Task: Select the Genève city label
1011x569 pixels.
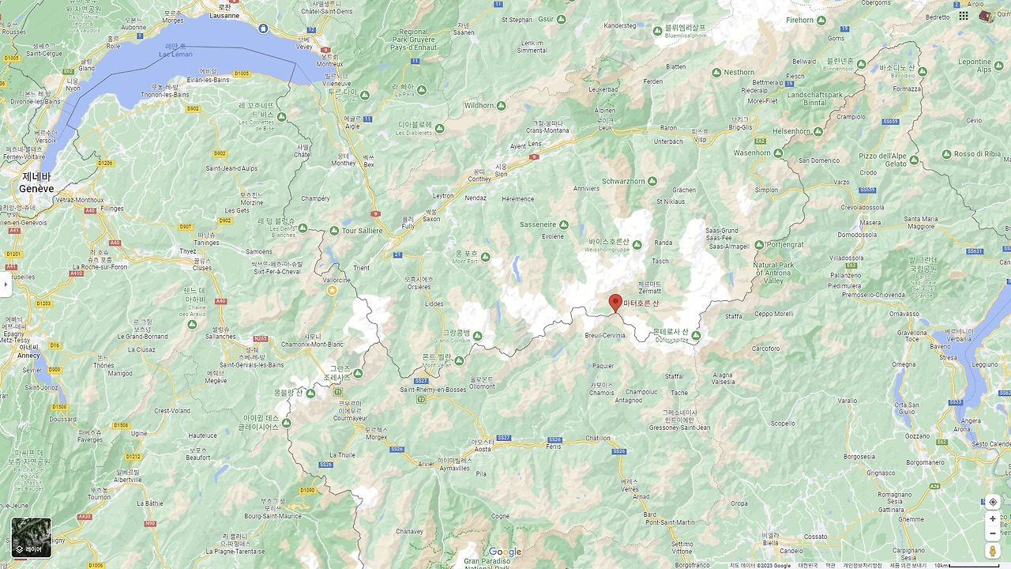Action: click(x=36, y=189)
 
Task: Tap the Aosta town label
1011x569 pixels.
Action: click(x=482, y=449)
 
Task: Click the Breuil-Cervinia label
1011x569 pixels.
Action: click(x=605, y=335)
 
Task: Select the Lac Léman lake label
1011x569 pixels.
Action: click(x=175, y=54)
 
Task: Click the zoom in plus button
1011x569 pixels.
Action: click(x=993, y=518)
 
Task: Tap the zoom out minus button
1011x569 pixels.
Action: click(x=993, y=533)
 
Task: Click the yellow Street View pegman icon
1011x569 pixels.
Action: click(x=993, y=551)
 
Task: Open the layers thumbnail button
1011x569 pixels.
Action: click(x=32, y=537)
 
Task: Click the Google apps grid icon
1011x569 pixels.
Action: click(x=964, y=16)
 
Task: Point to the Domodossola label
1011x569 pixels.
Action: click(x=858, y=235)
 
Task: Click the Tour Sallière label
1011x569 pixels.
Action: click(x=362, y=231)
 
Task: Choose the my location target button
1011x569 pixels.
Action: click(x=993, y=502)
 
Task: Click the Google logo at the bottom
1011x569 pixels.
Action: click(x=505, y=552)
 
